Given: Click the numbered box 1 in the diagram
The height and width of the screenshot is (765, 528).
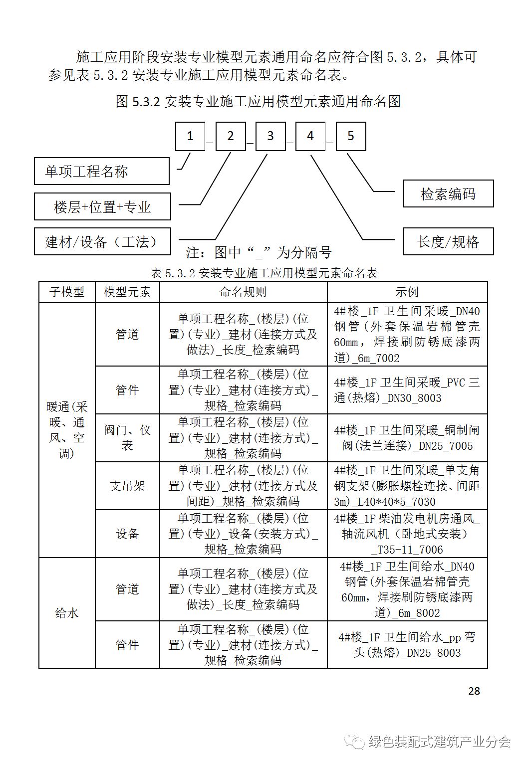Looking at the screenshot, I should tap(190, 136).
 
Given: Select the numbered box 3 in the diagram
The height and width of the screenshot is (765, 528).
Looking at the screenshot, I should tap(270, 136).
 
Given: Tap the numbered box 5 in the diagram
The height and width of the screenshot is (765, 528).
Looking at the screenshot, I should tap(351, 136).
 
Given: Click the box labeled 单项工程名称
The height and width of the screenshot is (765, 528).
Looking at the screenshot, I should tap(102, 172).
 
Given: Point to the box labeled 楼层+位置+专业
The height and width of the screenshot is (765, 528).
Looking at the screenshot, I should tap(102, 207).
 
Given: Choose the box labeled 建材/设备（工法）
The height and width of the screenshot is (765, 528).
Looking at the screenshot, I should tap(102, 242).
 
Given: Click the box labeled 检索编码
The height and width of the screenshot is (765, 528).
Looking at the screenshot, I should tap(448, 193).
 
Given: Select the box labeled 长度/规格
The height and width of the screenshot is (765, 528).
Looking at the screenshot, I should tap(448, 242).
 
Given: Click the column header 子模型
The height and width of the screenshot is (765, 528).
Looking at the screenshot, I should tap(67, 292).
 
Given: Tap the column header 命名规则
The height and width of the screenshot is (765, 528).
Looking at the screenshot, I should tap(243, 292).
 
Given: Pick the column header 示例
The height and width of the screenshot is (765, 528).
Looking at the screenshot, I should tap(407, 292).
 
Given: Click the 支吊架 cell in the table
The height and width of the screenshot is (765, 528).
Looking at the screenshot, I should tap(127, 486).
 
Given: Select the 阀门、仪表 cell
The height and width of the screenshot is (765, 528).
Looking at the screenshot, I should tap(127, 437).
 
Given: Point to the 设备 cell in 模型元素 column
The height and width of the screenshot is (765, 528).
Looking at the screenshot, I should tap(127, 534).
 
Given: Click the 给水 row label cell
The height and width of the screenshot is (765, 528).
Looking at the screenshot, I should tap(67, 613).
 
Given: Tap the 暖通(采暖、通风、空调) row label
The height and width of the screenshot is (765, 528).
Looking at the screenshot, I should tap(67, 430).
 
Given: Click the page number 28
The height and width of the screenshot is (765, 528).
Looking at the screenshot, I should tap(474, 691).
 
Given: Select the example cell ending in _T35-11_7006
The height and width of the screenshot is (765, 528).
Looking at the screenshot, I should tap(407, 534).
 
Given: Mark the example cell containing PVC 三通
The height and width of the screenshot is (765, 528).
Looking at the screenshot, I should tap(407, 390).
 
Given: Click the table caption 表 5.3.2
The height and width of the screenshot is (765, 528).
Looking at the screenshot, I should tap(264, 273).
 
